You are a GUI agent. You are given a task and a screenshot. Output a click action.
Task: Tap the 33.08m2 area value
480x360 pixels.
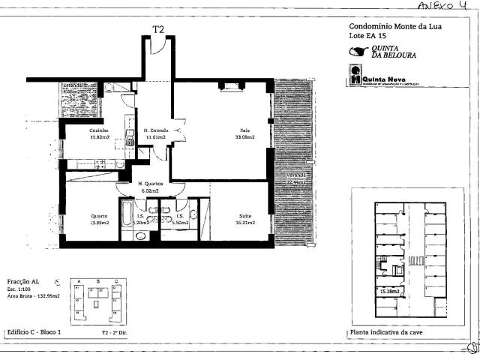[x=244, y=137]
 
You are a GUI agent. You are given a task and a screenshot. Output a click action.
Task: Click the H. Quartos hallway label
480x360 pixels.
[x=151, y=184]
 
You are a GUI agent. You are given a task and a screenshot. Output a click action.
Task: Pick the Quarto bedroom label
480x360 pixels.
[x=100, y=215]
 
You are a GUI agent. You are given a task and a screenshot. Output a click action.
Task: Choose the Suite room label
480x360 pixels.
[x=244, y=215]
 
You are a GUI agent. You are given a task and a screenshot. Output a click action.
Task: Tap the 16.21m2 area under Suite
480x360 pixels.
[x=244, y=223]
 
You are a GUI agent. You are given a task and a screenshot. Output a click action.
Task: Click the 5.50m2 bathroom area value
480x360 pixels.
[x=181, y=223]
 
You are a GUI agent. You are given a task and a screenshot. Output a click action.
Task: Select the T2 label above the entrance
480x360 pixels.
[x=158, y=29]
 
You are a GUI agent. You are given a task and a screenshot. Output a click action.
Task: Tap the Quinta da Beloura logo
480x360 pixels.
[x=382, y=52]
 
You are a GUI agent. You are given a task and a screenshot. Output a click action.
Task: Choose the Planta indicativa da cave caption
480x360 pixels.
[x=388, y=331]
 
